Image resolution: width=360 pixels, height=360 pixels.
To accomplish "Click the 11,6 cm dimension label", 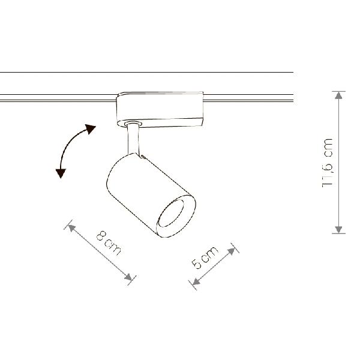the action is coord(328,163).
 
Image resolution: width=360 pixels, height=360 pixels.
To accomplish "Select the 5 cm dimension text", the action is coord(205,257).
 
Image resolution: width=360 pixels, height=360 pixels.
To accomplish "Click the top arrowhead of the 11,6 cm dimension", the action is coord(338,95).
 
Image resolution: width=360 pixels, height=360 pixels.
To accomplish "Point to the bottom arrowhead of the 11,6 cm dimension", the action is coord(338,230).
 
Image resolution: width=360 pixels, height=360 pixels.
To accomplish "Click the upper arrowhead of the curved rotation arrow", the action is coord(90,129).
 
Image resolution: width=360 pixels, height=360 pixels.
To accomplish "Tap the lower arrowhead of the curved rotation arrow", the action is coord(61,173).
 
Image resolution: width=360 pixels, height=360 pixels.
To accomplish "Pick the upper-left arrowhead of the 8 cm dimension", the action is coord(71,228).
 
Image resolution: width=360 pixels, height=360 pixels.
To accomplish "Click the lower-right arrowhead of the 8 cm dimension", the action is coord(128,277).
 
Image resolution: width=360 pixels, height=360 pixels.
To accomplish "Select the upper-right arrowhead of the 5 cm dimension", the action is coord(232,251).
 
